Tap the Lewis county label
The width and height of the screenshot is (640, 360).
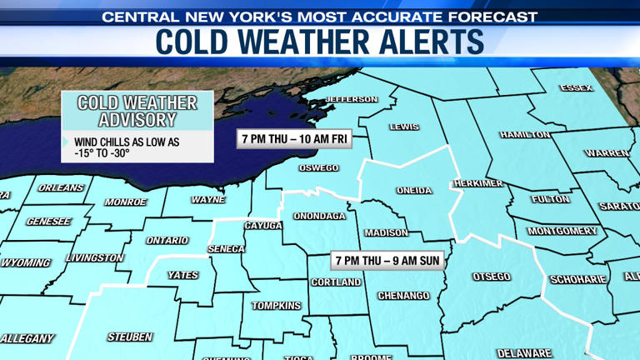tap(404, 127)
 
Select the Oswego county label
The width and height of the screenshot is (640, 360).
tap(318, 167)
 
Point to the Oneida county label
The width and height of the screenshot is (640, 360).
tap(414, 191)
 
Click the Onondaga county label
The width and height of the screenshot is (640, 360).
tap(319, 217)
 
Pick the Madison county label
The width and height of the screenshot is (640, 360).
tap(387, 233)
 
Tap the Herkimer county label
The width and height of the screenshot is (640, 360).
tap(478, 183)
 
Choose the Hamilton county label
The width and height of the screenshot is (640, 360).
tap(525, 134)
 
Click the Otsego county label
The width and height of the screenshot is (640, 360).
tap(491, 277)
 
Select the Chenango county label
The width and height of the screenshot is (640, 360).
tap(403, 296)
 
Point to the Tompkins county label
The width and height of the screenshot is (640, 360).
tap(276, 306)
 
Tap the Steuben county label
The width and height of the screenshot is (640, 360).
tap(130, 337)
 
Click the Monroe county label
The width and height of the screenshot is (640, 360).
tap(126, 202)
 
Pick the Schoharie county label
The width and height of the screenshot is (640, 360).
tap(577, 279)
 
